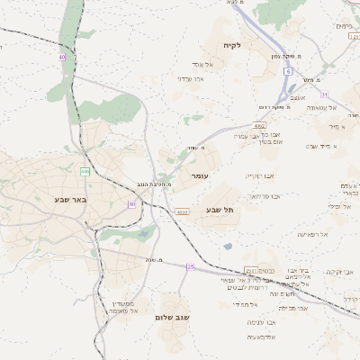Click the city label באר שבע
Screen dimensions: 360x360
(69, 200)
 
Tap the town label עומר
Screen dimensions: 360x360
(199, 176)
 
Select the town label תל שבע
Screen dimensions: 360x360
(220, 210)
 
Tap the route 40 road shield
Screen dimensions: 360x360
(62, 57)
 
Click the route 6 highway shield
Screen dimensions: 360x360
(289, 69)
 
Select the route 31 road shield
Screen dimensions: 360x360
(324, 94)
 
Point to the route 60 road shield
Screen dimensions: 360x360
(131, 204)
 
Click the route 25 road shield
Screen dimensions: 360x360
(191, 266)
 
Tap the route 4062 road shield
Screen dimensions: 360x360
(259, 126)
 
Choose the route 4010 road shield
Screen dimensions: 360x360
(183, 212)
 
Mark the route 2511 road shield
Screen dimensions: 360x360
(249, 270)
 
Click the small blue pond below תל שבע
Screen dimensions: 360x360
(228, 245)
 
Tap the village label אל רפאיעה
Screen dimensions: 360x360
(313, 233)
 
